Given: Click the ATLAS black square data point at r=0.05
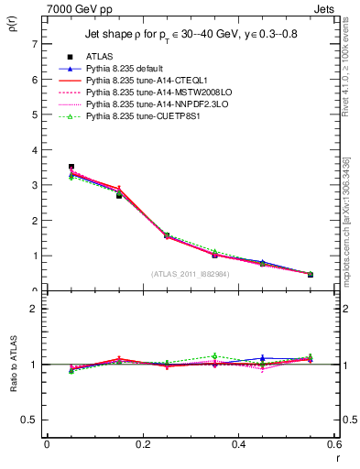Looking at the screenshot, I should pos(71,167).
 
